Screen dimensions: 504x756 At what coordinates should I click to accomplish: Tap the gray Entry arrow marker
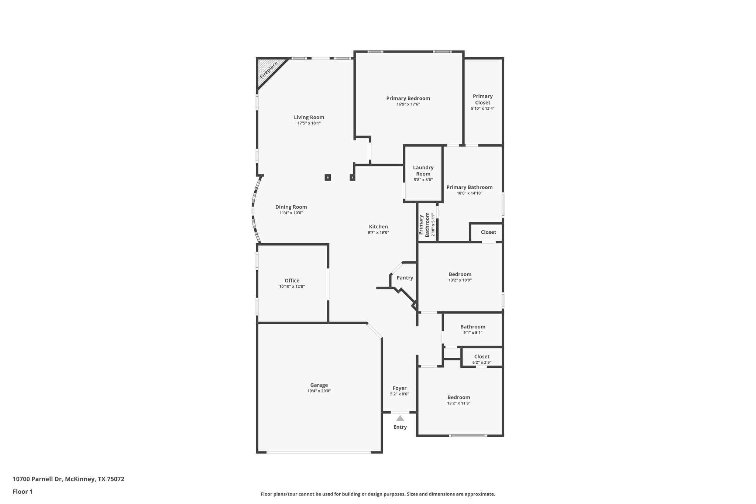pyautogui.click(x=400, y=418)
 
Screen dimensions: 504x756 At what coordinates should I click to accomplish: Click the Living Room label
pyautogui.click(x=309, y=117)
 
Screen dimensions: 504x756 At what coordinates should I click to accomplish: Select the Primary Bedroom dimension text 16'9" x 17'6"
pyautogui.click(x=408, y=104)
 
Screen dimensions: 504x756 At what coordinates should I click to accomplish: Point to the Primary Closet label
pyautogui.click(x=482, y=99)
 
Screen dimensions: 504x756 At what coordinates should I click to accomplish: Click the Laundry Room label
pyautogui.click(x=423, y=171)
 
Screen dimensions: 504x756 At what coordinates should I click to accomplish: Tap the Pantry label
pyautogui.click(x=405, y=278)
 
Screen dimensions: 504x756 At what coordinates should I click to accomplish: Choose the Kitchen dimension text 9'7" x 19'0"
pyautogui.click(x=378, y=233)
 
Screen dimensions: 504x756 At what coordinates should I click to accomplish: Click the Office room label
pyautogui.click(x=292, y=281)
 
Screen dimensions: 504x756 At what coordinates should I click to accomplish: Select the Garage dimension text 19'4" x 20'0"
pyautogui.click(x=319, y=391)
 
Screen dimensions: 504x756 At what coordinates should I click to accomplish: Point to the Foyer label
pyautogui.click(x=399, y=388)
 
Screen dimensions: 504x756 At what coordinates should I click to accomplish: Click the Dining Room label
pyautogui.click(x=291, y=207)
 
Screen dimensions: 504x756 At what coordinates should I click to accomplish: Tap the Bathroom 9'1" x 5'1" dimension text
pyautogui.click(x=472, y=333)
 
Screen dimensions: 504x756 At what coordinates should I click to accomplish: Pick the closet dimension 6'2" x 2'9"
pyautogui.click(x=482, y=363)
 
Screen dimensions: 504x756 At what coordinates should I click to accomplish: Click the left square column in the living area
pyautogui.click(x=327, y=178)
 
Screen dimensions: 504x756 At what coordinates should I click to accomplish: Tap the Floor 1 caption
pyautogui.click(x=23, y=491)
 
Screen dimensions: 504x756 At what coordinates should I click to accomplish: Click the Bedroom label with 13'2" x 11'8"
pyautogui.click(x=458, y=397)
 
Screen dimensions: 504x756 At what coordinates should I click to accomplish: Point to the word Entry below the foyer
pyautogui.click(x=400, y=427)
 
